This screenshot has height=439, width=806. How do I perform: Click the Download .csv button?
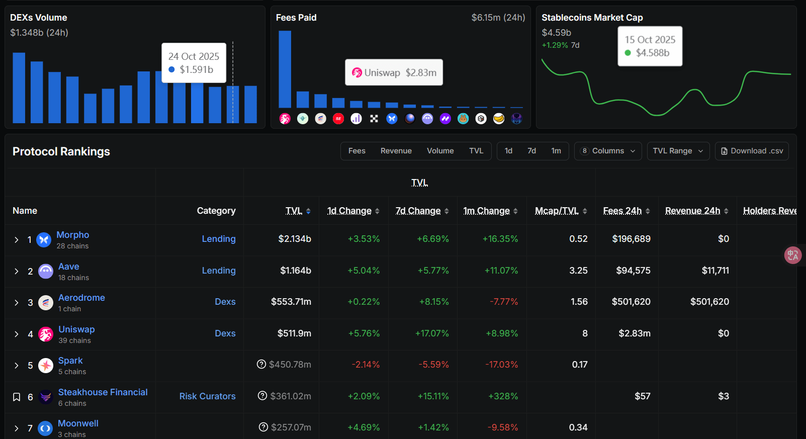click(752, 151)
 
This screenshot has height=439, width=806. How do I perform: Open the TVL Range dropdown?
click(678, 151)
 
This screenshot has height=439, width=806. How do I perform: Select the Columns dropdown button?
click(608, 151)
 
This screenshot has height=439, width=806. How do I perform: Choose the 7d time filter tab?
click(531, 151)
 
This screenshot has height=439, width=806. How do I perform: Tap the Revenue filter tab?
click(396, 151)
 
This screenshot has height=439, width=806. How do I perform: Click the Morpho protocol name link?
click(72, 235)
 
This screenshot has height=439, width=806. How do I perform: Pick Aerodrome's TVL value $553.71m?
click(291, 302)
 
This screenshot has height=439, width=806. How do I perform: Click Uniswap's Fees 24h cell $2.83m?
click(634, 333)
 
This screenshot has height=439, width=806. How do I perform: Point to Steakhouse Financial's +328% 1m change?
click(503, 396)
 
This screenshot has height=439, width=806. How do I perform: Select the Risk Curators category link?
click(207, 396)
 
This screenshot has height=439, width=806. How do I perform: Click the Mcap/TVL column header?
click(557, 211)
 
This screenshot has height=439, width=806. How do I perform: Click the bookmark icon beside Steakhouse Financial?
click(17, 397)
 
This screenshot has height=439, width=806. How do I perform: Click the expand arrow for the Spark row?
click(17, 366)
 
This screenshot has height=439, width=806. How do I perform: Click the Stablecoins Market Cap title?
click(592, 18)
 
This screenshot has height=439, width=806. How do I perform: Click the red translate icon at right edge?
click(793, 255)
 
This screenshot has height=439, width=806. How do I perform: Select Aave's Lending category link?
click(218, 271)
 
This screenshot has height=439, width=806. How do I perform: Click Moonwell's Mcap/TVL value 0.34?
click(578, 427)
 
